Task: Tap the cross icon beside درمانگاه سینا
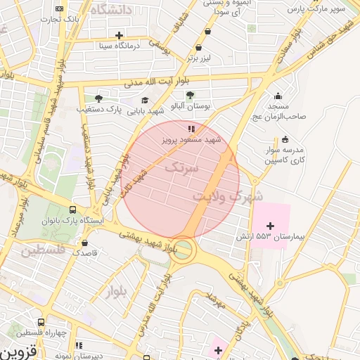point(119,35)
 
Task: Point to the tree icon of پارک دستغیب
point(98,98)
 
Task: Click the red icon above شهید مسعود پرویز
point(191,129)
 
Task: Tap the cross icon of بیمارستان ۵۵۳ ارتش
point(271,224)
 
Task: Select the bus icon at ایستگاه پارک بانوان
point(74,210)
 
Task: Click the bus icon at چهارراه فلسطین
point(41,321)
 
